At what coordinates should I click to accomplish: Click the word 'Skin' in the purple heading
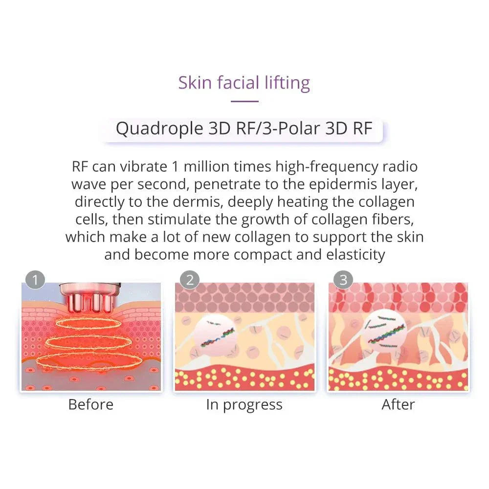click(195, 83)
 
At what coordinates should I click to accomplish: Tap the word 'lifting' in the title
click(287, 84)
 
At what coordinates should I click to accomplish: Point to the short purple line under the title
click(244, 101)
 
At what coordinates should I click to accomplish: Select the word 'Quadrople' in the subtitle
click(159, 129)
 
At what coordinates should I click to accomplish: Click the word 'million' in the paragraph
click(207, 167)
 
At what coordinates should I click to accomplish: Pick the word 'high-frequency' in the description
click(327, 167)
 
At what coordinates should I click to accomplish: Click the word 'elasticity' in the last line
click(356, 255)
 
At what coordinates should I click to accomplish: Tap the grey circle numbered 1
click(35, 280)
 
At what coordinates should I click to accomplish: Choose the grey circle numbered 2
click(190, 280)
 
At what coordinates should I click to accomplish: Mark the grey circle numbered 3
click(343, 280)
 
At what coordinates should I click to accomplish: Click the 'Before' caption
click(91, 404)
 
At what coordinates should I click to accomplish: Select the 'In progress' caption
click(244, 405)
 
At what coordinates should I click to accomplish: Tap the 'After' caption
click(398, 404)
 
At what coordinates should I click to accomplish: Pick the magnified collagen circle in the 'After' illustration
click(385, 331)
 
